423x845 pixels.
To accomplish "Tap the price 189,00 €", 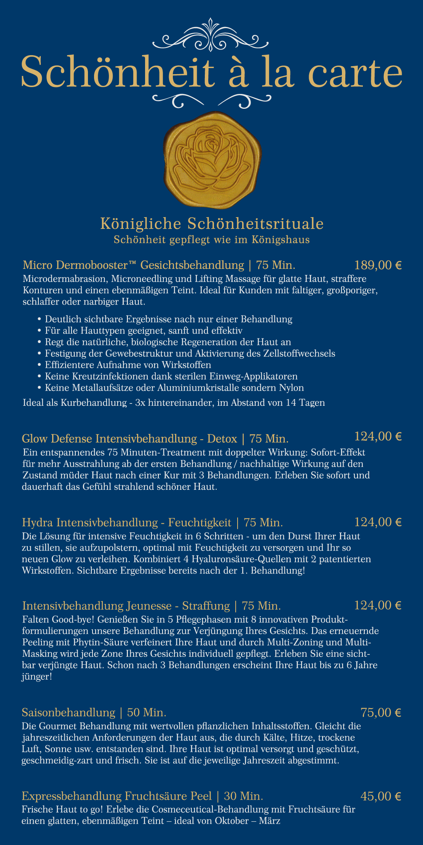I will pos(378,265).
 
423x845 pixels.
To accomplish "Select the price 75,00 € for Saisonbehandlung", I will pos(381,712).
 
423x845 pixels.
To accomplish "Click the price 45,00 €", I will pos(381,796).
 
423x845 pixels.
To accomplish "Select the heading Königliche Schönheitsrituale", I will pos(212,224).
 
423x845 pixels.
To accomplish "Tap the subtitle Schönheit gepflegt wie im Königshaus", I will pos(212,240).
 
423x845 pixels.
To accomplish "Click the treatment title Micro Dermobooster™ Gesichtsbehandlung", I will pos(133,265).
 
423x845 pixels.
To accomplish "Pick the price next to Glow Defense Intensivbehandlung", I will pos(378,436).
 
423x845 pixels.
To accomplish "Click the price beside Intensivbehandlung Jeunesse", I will pos(378,605).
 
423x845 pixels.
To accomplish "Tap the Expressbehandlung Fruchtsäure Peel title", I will pos(117,796).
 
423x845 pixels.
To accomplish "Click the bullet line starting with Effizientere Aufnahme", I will pos(128,365).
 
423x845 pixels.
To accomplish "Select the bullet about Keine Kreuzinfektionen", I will pos(171,376).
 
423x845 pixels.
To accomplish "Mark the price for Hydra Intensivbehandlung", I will pos(378,522).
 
